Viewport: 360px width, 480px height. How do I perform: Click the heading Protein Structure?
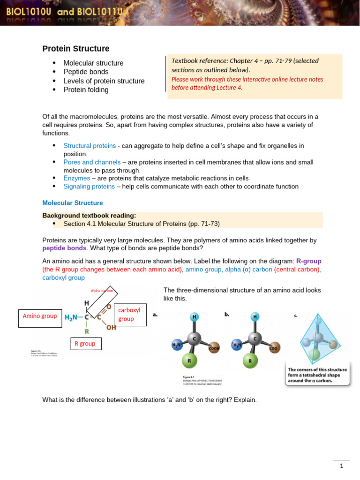coord(76,49)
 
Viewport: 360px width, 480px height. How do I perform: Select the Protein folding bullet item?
coord(86,90)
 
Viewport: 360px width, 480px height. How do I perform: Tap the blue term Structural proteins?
coord(90,146)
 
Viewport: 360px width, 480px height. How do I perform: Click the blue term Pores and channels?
coord(92,162)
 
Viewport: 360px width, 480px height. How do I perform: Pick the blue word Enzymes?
coord(77,178)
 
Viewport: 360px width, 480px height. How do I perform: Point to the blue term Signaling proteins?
coord(89,187)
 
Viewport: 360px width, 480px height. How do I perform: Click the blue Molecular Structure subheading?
coord(73,203)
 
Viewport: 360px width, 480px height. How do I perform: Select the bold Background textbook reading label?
coord(88,216)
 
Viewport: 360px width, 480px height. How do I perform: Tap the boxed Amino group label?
coord(39,316)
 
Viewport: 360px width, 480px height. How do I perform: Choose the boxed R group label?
coord(85,344)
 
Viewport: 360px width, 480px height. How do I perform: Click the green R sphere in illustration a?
coord(189,361)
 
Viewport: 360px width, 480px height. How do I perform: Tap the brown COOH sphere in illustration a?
coord(215,347)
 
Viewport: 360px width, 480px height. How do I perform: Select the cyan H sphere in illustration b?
coord(255,316)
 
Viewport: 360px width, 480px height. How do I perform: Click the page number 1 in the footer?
coord(342,466)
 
